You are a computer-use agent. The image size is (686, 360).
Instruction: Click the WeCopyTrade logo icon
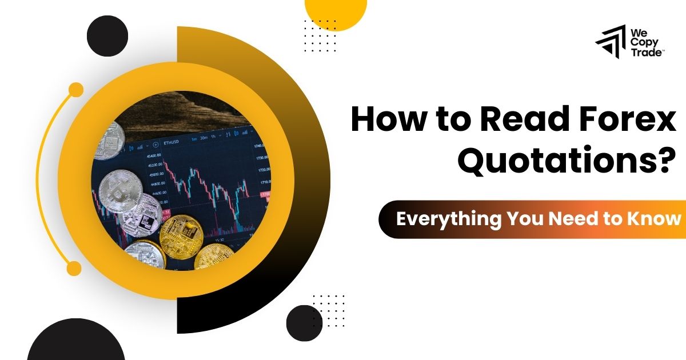tap(611, 43)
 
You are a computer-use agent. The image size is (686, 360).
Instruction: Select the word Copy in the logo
tap(643, 43)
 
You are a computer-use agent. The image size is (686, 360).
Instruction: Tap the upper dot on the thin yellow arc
tap(75, 90)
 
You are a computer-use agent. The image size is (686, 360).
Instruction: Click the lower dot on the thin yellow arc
tap(74, 268)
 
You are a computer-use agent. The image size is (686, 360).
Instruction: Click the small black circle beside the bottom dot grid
tap(304, 323)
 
